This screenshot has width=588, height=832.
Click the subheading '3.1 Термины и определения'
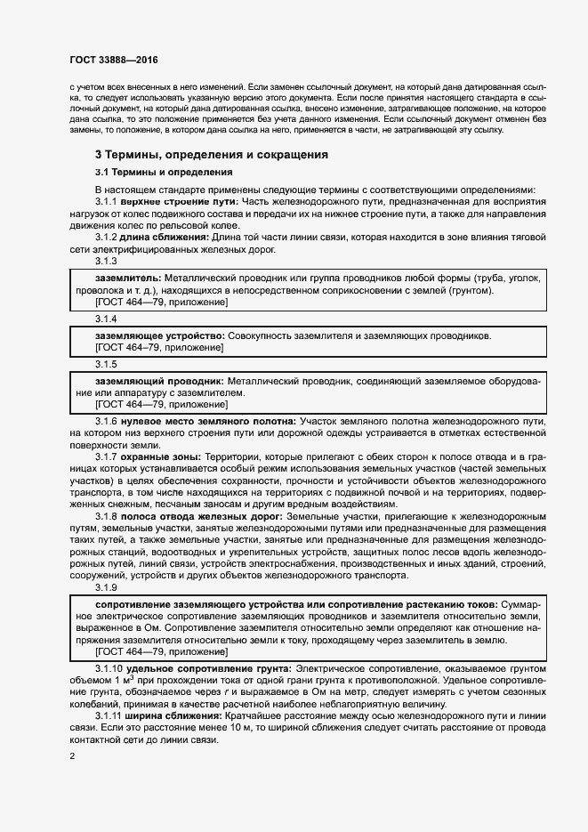point(164,172)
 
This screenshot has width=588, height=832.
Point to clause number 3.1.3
point(106,261)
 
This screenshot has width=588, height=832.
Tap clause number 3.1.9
point(106,587)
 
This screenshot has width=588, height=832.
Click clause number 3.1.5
point(106,364)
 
